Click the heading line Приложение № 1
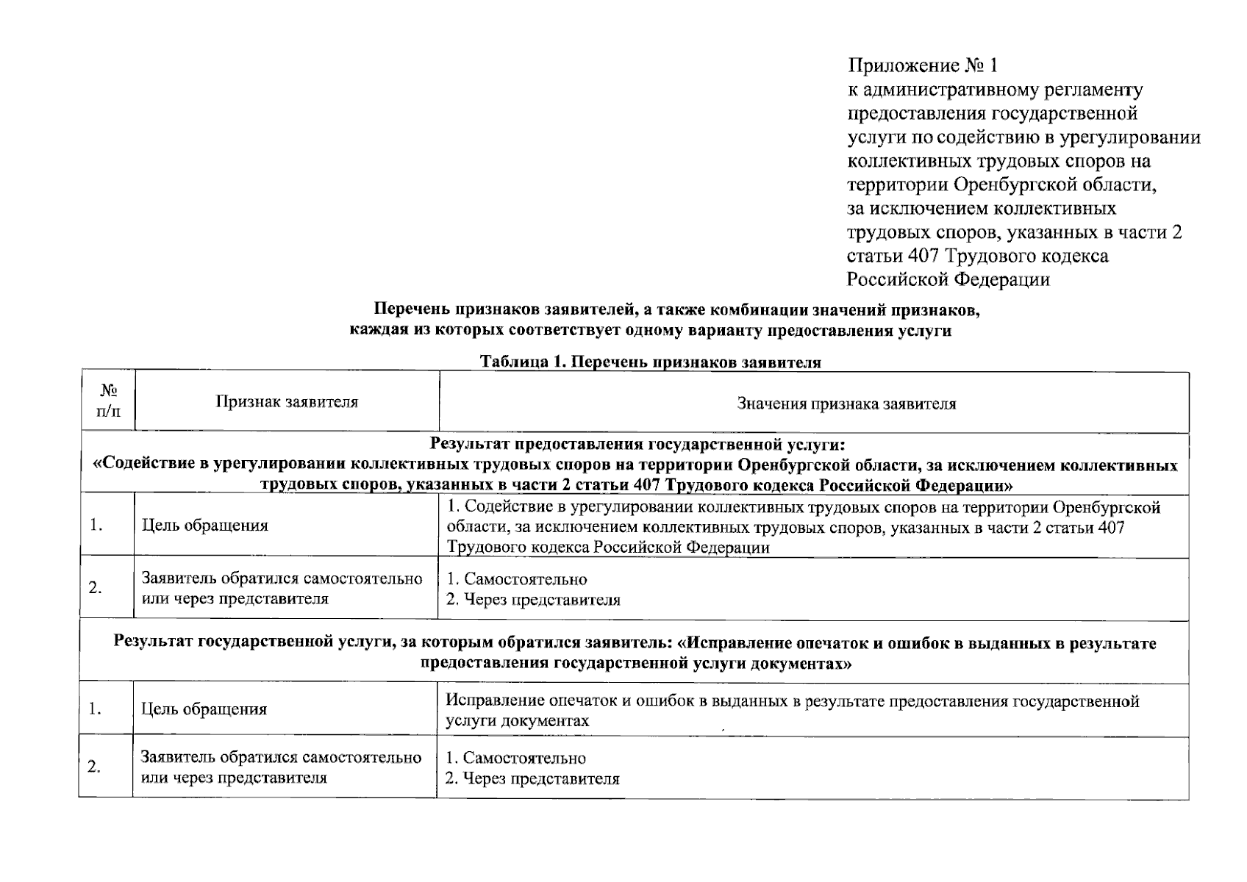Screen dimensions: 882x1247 923,66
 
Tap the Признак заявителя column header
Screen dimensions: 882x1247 287,401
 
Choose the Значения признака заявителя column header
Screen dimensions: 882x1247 846,404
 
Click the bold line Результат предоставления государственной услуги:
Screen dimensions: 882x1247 637,444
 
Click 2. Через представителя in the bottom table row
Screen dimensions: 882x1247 533,778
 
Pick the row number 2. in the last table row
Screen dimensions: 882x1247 93,767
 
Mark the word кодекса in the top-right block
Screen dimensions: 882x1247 1074,256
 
